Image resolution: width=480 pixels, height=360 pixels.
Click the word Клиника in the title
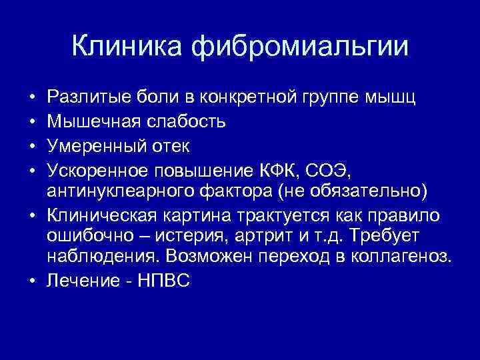tap(127, 47)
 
